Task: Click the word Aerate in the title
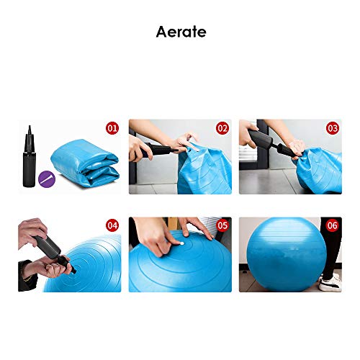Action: click(x=180, y=32)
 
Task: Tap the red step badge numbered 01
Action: click(x=112, y=128)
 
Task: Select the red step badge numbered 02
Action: click(x=222, y=128)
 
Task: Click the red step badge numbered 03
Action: click(x=332, y=128)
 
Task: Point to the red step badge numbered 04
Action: click(x=112, y=225)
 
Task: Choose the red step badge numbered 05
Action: click(x=222, y=225)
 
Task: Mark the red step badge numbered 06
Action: click(x=332, y=225)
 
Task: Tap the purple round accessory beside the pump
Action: click(x=47, y=175)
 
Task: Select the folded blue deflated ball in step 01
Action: click(x=85, y=167)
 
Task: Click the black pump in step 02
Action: click(x=155, y=152)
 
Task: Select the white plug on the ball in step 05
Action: click(x=181, y=243)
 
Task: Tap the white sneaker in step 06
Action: click(x=330, y=285)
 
